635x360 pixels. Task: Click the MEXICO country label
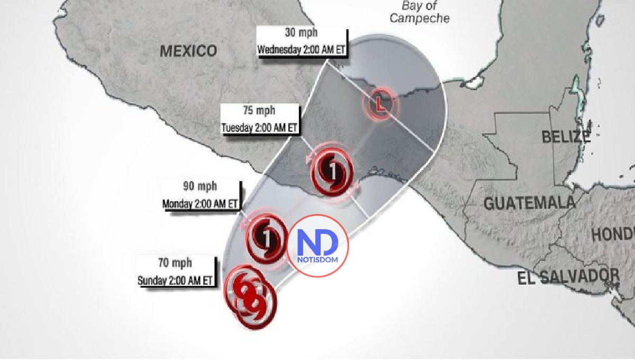click(x=188, y=51)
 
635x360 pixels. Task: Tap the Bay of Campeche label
click(x=420, y=12)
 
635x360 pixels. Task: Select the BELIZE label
click(x=566, y=137)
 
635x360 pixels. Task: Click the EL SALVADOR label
click(x=569, y=276)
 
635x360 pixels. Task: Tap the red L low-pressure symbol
click(x=379, y=104)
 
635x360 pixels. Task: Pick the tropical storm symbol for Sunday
click(x=250, y=296)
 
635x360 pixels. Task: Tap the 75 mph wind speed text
click(x=259, y=111)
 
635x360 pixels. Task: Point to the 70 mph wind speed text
click(x=176, y=263)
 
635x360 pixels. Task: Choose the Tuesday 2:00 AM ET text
click(x=260, y=128)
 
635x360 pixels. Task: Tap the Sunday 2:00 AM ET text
click(x=176, y=280)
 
